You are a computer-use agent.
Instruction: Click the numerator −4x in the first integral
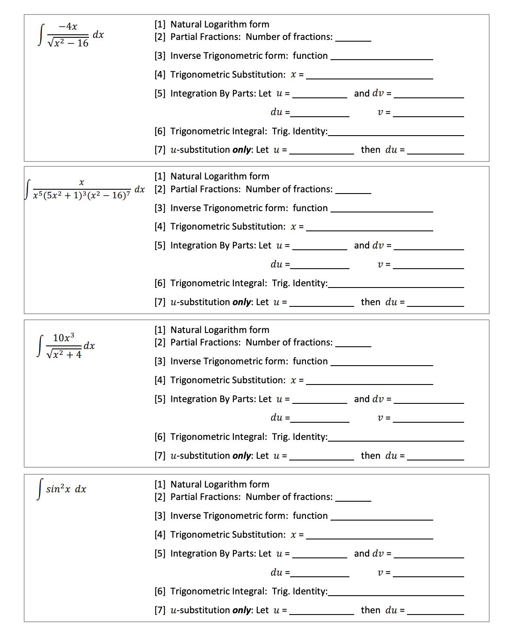click(x=68, y=27)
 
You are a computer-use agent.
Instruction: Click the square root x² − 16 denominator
click(x=68, y=43)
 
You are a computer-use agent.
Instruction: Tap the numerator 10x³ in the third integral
click(x=64, y=338)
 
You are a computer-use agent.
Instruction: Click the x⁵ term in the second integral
click(x=38, y=195)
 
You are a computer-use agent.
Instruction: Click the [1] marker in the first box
click(x=160, y=24)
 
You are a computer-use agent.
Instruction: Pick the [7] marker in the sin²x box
click(x=160, y=610)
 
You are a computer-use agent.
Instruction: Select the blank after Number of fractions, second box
click(x=353, y=190)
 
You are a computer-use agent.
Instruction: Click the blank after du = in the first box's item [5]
click(x=320, y=113)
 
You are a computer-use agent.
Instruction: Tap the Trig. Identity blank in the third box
click(x=395, y=438)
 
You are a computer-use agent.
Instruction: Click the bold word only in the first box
click(x=242, y=150)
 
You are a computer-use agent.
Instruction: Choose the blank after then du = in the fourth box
click(x=435, y=611)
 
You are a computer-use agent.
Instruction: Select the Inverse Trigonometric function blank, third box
click(x=382, y=362)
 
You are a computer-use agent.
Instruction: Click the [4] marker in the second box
click(x=160, y=227)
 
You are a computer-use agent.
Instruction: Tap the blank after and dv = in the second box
click(x=428, y=246)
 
